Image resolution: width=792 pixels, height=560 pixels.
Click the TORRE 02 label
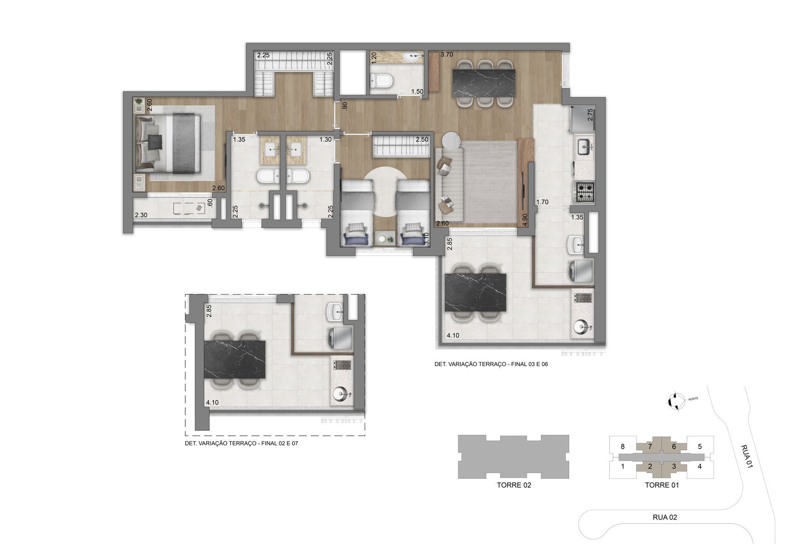514,485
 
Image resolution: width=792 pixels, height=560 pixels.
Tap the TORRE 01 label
662,485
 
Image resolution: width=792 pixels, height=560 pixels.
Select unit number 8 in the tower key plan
622,446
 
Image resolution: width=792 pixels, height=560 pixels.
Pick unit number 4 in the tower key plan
700,466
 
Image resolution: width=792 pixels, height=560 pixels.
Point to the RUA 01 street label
747,456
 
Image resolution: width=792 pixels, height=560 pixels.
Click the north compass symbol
676,401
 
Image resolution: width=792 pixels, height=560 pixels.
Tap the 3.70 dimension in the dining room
447,54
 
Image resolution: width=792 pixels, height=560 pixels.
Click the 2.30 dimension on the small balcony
141,215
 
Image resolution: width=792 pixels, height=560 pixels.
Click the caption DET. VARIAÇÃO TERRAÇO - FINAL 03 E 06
491,365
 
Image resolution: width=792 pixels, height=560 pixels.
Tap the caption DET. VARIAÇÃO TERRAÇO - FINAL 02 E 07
241,444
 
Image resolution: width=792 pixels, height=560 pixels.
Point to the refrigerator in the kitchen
582,120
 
